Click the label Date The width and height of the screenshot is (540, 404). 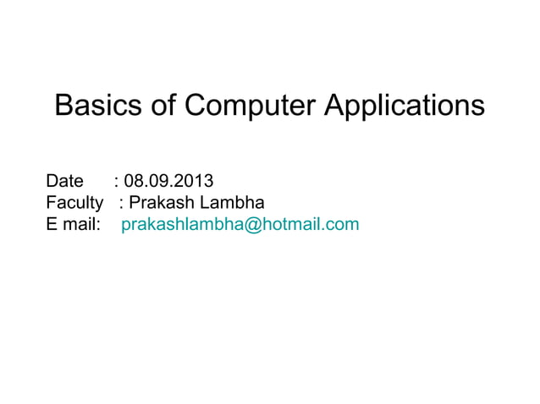[x=64, y=181]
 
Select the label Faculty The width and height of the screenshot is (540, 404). [x=74, y=203]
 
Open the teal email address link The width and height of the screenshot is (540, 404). [x=240, y=225]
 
